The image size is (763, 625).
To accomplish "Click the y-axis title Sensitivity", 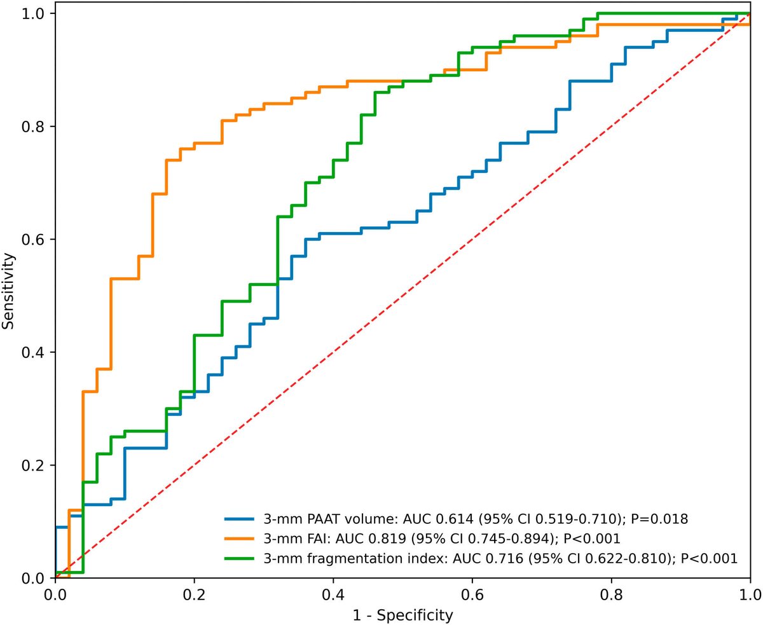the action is click(x=8, y=291).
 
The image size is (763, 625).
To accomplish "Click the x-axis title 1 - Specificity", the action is click(x=402, y=615).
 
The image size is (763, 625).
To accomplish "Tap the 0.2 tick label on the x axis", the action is click(x=195, y=595).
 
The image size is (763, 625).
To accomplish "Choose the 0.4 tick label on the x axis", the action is click(x=333, y=595).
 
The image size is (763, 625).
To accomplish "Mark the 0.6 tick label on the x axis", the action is click(x=472, y=595).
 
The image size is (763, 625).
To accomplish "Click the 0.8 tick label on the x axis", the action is click(x=611, y=595).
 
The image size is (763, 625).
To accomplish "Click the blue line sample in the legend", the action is click(x=239, y=519).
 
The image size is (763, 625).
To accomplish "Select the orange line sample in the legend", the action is click(x=239, y=539).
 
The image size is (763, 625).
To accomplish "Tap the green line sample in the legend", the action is click(x=239, y=559).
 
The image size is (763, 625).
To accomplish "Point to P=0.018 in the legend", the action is click(x=659, y=519).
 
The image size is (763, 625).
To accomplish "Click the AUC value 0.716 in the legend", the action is click(x=504, y=559).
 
